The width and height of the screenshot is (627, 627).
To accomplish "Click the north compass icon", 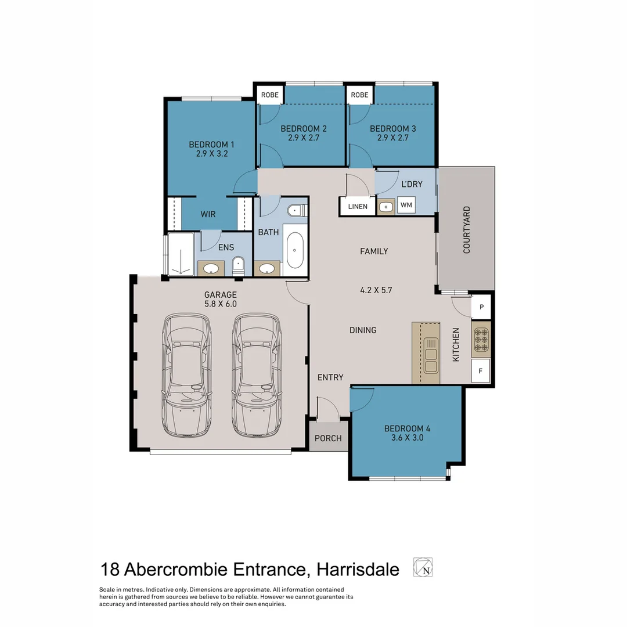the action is click(x=423, y=567).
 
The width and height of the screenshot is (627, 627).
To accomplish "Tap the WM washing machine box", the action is click(x=406, y=205).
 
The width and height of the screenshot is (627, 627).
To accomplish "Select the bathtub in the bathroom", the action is click(x=295, y=250).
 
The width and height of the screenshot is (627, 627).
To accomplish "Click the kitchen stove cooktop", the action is click(x=481, y=340).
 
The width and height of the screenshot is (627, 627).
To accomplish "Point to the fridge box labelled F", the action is click(x=481, y=371).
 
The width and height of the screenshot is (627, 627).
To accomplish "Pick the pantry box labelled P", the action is click(x=481, y=307).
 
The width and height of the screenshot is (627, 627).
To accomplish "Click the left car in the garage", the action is click(x=187, y=374).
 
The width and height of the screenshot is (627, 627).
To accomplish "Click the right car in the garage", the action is click(x=257, y=374).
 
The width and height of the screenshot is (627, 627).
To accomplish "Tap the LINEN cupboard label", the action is click(x=358, y=207).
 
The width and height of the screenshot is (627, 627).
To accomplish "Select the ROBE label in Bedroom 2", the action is click(x=270, y=95).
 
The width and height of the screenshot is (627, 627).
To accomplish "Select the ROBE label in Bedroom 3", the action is click(x=359, y=95).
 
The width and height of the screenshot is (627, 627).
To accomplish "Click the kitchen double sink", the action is click(x=431, y=355).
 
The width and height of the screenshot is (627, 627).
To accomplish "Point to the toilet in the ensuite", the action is click(x=238, y=266).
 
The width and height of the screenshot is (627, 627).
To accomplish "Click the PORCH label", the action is click(x=328, y=438).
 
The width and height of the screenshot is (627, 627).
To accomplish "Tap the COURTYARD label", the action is click(x=467, y=230).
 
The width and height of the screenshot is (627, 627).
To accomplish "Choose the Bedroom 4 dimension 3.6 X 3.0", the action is click(x=408, y=438).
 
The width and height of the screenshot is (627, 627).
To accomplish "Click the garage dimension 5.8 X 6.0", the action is click(x=221, y=304).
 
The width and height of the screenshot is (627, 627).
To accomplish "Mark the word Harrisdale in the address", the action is click(x=358, y=570).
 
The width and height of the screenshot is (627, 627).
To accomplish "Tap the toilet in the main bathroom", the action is click(x=297, y=210).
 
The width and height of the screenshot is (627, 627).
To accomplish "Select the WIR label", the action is click(x=208, y=214).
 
